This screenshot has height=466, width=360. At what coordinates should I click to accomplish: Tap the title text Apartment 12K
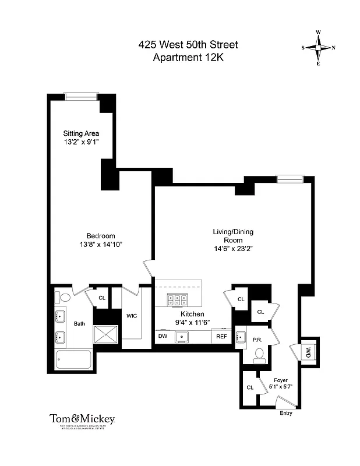[x=188, y=57]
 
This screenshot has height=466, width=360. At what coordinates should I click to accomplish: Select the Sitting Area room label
[x=81, y=133]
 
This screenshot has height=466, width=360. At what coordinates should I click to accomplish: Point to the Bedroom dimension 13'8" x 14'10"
[x=101, y=245]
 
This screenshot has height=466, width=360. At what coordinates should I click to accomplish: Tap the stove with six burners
[x=177, y=300]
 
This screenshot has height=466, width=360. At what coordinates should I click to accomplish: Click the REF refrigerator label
[x=222, y=336]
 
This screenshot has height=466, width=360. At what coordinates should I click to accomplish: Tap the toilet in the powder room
[x=260, y=355]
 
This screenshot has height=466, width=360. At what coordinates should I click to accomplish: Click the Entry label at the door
[x=285, y=413]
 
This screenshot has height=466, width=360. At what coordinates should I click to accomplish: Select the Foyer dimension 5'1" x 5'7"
[x=282, y=385]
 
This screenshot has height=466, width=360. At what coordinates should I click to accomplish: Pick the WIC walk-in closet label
[x=132, y=316]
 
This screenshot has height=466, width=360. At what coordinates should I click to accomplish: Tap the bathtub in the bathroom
[x=73, y=359]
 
